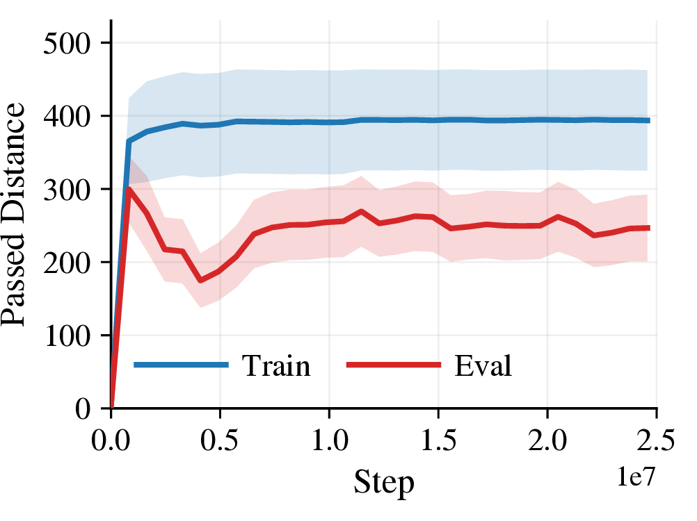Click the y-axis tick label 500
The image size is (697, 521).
click(67, 44)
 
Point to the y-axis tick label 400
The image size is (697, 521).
click(67, 117)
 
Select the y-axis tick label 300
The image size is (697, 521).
click(67, 190)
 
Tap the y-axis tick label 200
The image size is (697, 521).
click(67, 263)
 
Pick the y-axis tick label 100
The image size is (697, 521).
click(67, 336)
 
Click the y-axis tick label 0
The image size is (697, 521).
click(83, 408)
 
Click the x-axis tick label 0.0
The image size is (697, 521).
click(111, 440)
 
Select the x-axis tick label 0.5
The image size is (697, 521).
click(220, 440)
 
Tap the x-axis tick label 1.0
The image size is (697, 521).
click(329, 440)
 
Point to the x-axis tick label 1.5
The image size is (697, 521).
click(438, 440)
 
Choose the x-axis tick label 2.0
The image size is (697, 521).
click(547, 440)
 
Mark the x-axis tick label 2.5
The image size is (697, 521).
click(656, 440)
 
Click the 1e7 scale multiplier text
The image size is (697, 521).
click(636, 477)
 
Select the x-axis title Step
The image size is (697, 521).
click(384, 482)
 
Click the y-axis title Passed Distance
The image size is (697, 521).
click(13, 215)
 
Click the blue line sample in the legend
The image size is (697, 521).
click(181, 365)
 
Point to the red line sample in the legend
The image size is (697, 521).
click(394, 365)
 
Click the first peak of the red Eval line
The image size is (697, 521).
click(129, 189)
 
